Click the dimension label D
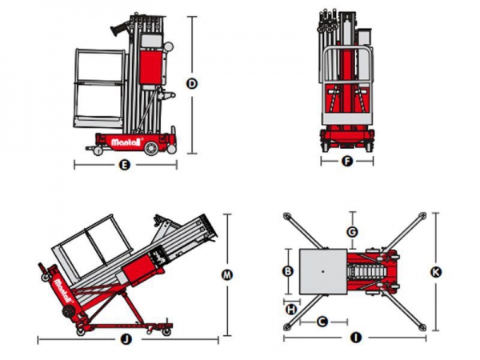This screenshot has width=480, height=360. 192,83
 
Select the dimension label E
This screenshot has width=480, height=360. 124,166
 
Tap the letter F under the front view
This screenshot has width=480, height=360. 346,161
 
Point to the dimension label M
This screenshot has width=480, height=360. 227,274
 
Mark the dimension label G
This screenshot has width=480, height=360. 352,232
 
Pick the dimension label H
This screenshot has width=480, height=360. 291,308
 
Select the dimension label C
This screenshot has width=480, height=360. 322,322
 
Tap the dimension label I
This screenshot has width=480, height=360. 355,338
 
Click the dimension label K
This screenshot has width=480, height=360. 435,271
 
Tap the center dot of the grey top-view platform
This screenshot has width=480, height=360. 321,272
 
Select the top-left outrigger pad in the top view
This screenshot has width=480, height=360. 288,216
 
